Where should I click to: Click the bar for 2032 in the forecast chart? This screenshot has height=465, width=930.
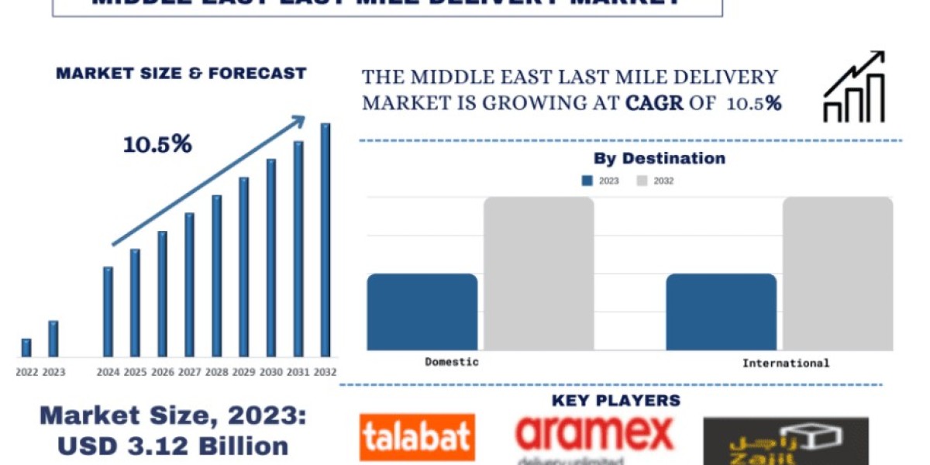(325, 239)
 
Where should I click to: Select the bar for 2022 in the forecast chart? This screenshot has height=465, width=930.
(26, 348)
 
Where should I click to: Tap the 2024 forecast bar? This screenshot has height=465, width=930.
(108, 312)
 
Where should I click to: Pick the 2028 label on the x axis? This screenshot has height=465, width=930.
(216, 372)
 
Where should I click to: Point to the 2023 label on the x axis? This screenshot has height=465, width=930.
(53, 372)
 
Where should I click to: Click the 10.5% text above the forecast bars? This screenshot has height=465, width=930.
(157, 144)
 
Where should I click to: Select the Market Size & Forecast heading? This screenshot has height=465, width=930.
(181, 74)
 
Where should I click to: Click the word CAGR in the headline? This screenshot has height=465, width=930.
(656, 103)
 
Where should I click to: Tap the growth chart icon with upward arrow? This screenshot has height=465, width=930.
(853, 87)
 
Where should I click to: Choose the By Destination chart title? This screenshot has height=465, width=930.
(660, 159)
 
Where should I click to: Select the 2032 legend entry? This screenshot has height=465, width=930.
(655, 181)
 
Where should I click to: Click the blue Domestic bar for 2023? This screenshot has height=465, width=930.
(422, 312)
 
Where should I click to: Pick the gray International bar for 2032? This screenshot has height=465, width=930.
(837, 273)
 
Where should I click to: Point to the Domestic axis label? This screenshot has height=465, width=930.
(452, 362)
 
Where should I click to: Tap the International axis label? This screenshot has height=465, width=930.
(785, 363)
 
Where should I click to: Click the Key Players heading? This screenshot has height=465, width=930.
(616, 401)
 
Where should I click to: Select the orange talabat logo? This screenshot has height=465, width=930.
(417, 438)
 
